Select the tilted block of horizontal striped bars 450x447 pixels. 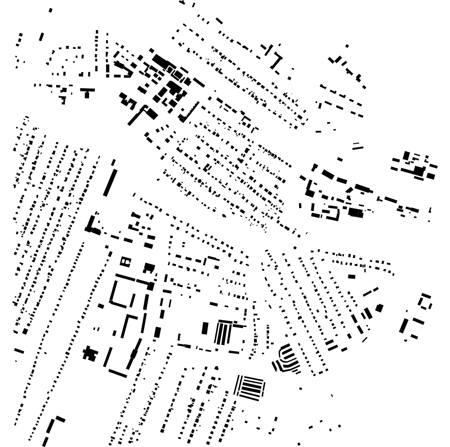[x=250, y=387]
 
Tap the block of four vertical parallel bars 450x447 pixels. [x=223, y=333]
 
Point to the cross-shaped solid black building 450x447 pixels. [x=90, y=353]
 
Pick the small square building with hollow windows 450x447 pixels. [x=125, y=262]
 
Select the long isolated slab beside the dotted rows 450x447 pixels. [x=110, y=182]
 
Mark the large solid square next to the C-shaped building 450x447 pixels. [x=355, y=212]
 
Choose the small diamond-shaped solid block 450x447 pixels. [x=379, y=308]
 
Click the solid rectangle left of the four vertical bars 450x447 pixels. [x=205, y=328]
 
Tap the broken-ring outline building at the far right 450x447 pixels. [x=425, y=301]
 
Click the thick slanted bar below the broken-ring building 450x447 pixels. [x=404, y=325]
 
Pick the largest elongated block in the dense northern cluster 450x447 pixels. [x=160, y=61]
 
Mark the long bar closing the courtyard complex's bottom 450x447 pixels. [x=118, y=373]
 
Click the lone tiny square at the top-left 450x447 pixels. [x=50, y=10]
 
